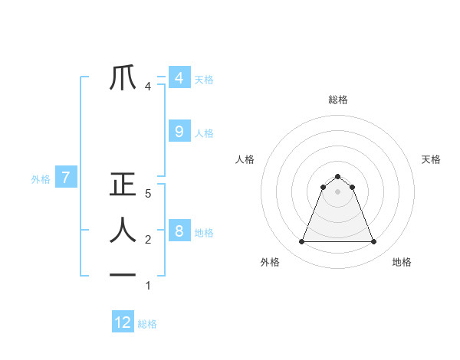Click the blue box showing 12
pos(123,322)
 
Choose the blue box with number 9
pos(179,132)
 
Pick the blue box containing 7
pos(66,178)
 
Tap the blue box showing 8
pos(179,231)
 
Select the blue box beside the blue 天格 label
pos(179,78)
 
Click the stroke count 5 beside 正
pos(148,194)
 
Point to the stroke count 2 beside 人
pos(148,240)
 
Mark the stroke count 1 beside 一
pos(148,286)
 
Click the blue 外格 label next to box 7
pos(41,179)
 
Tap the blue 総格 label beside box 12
pos(147,323)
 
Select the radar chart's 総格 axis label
pos(337,100)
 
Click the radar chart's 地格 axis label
pos(402,262)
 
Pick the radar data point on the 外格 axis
pos(301,242)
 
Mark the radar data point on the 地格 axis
pos(373,242)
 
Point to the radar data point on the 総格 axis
pos(337,177)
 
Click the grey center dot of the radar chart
pos(337,191)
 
